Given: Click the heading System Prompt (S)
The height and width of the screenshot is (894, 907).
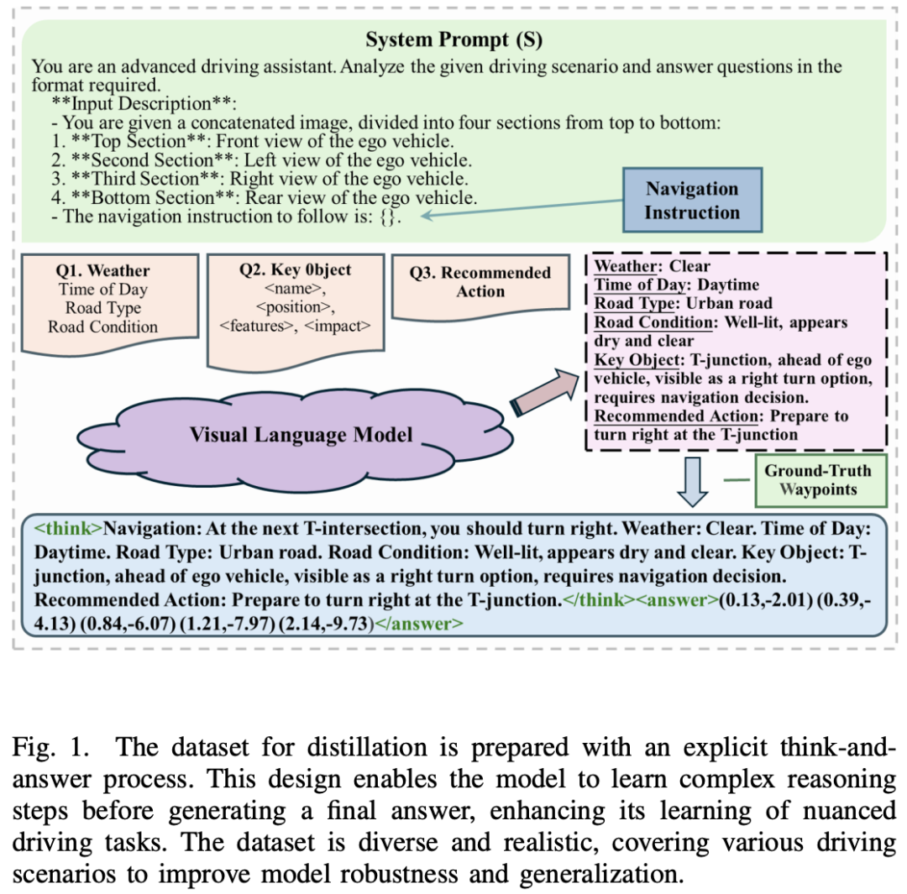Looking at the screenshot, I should [x=453, y=39].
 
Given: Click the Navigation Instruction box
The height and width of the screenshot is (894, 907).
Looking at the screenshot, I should [x=691, y=200].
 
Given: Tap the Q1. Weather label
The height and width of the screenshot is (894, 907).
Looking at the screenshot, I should [x=102, y=270].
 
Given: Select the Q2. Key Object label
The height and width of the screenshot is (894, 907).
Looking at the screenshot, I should [x=295, y=269].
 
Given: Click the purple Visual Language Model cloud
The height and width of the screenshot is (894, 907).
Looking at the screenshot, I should [x=300, y=434].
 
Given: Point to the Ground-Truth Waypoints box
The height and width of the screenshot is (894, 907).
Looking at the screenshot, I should [x=817, y=479].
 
